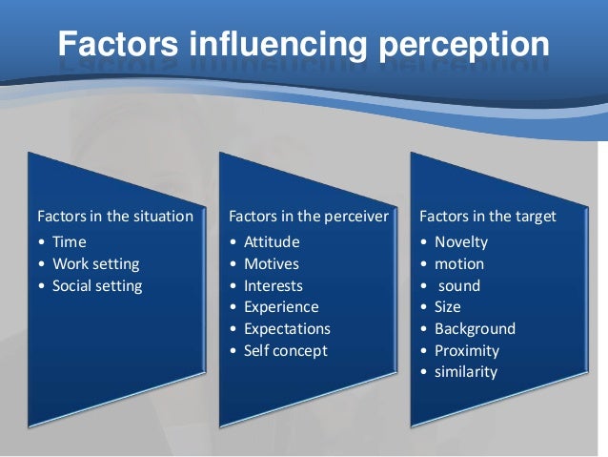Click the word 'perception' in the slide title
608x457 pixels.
(x=456, y=45)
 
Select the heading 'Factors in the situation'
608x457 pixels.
(x=114, y=217)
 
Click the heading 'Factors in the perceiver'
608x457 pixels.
(x=309, y=217)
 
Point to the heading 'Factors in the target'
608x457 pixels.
(x=488, y=217)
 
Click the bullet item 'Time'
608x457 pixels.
(x=70, y=242)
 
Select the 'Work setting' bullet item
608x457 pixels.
(x=95, y=264)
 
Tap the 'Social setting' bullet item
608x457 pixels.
(x=97, y=286)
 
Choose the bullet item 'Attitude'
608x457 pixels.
(x=272, y=242)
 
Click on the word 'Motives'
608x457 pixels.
(x=272, y=264)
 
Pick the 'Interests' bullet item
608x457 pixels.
(x=274, y=286)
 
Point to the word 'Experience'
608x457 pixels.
(x=281, y=307)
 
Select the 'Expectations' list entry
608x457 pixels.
(x=287, y=329)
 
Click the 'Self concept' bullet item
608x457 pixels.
(x=285, y=351)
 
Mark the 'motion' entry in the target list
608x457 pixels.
(x=459, y=264)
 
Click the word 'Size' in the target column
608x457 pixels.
(x=448, y=307)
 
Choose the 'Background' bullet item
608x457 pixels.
(x=475, y=329)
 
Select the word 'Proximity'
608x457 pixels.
(x=467, y=351)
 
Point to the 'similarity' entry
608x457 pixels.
(x=466, y=372)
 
